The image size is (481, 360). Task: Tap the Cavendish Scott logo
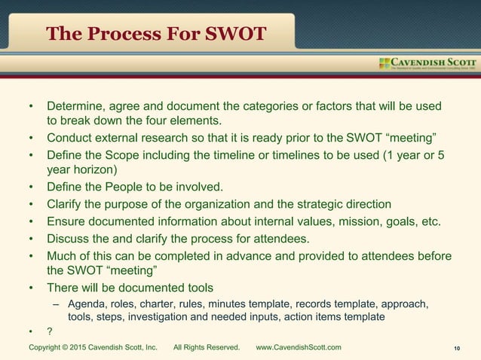pos(427,63)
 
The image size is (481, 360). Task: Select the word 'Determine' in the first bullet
pos(76,105)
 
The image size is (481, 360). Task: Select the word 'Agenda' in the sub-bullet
pos(87,304)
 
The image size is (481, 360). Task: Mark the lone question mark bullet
pos(50,332)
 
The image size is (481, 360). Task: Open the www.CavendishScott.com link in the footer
pos(299,347)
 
